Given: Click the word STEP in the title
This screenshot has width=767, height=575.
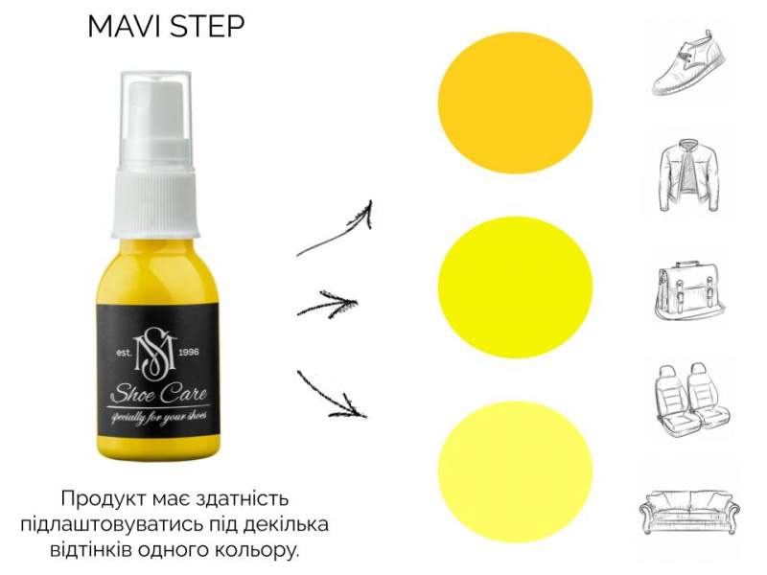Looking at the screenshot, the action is pos(206,27).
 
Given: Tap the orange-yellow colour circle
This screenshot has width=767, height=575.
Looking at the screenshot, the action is pos(515,103).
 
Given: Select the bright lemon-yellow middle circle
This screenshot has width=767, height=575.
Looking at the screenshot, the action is pos(515,287).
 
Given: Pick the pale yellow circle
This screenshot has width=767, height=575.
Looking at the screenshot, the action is pos(515,471).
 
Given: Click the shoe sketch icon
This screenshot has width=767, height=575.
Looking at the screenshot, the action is pos(688,62).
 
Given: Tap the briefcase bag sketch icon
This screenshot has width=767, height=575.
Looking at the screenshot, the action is pos(688,291).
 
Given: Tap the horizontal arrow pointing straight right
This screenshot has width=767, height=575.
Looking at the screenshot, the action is pos(328,304).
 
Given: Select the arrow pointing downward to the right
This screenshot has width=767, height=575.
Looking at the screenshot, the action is pos(333,396).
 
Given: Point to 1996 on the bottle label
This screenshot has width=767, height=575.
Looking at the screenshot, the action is pos(189,353).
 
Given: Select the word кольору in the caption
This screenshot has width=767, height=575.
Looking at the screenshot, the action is pos(259,549).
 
